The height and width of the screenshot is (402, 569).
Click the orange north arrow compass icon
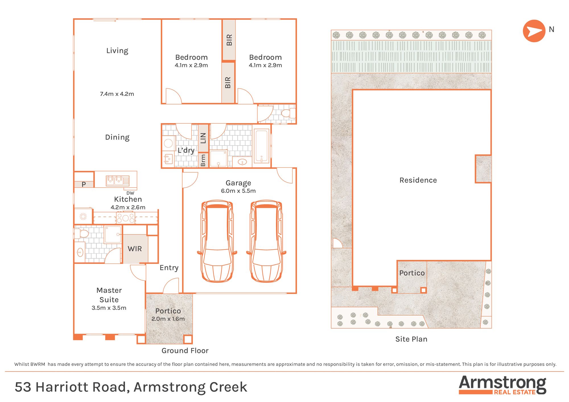pyautogui.click(x=534, y=31)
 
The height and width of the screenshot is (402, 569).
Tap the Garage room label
pyautogui.click(x=238, y=183)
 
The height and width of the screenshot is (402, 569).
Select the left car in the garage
pyautogui.click(x=217, y=241)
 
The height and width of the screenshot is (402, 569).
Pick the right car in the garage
pyautogui.click(x=266, y=241)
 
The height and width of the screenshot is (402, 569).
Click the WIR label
pyautogui.click(x=135, y=249)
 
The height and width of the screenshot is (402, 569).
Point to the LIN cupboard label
pyautogui.click(x=203, y=138)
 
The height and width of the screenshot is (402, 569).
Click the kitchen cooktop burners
pyautogui.click(x=125, y=218)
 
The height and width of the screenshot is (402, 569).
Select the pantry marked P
pyautogui.click(x=84, y=184)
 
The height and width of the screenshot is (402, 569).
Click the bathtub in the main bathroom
pyautogui.click(x=261, y=146)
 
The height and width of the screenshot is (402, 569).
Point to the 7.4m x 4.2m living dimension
pyautogui.click(x=117, y=94)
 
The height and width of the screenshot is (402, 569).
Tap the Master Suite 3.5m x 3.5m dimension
pyautogui.click(x=109, y=308)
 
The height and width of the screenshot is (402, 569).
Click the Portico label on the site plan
pyautogui.click(x=412, y=273)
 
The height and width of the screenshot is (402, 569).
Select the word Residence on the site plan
pyautogui.click(x=418, y=180)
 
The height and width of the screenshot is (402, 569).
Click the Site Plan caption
pyautogui.click(x=411, y=339)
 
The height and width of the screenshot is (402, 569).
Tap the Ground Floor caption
pyautogui.click(x=185, y=351)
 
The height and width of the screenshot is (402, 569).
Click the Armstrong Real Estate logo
pyautogui.click(x=502, y=385)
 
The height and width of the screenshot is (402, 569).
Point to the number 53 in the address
pyautogui.click(x=23, y=387)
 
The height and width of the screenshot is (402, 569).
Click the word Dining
pyautogui.click(x=117, y=137)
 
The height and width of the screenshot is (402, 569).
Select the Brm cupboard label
pyautogui.click(x=203, y=160)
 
